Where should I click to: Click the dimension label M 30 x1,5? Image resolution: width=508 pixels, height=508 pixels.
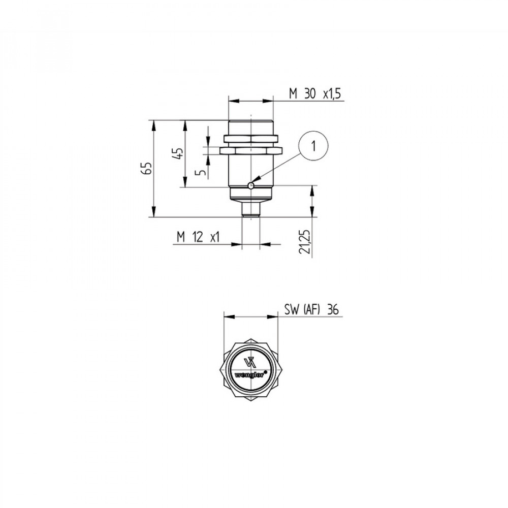tap(315, 94)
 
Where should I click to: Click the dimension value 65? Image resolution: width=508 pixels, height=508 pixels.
tap(147, 168)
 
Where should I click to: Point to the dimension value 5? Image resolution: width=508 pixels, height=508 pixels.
tap(202, 171)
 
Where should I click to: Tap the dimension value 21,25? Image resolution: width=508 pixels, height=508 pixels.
tap(305, 242)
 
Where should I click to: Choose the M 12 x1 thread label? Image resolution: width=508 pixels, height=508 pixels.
tap(198, 237)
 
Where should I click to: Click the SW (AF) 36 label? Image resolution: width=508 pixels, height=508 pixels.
tap(311, 310)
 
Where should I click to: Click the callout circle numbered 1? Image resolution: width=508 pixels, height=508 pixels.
tap(313, 146)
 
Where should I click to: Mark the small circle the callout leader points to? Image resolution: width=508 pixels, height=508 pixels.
tap(250, 185)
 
